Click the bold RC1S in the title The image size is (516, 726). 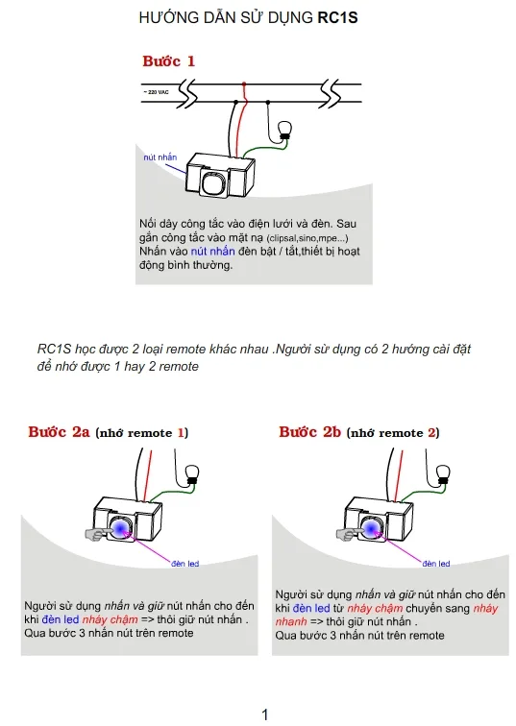pos(338,17)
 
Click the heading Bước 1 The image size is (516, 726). pos(168,61)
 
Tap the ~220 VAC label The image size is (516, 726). pos(156,92)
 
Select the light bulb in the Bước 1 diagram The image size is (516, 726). pos(284,131)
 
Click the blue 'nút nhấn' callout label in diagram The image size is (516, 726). pos(160,156)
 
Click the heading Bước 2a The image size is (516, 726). pos(60,432)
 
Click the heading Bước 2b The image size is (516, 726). pos(310,432)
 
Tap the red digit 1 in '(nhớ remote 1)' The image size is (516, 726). pos(180,433)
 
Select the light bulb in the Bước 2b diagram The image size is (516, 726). pos(443,472)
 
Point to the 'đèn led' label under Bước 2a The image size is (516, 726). pos(184,563)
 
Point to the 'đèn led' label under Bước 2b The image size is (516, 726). pos(437,563)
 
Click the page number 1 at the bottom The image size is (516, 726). pos(265,714)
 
